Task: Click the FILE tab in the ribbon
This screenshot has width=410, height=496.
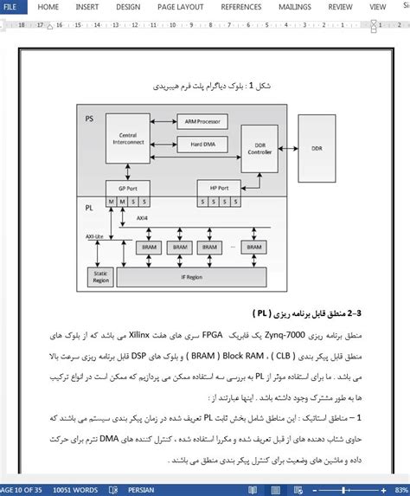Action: pyautogui.click(x=10, y=7)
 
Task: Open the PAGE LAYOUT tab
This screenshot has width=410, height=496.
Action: pyautogui.click(x=180, y=7)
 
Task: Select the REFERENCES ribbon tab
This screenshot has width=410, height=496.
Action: pyautogui.click(x=240, y=7)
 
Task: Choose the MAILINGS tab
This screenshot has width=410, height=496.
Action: pyautogui.click(x=295, y=7)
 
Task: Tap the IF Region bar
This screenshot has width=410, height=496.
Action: pyautogui.click(x=191, y=277)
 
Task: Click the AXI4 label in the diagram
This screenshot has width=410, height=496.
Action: pyautogui.click(x=142, y=219)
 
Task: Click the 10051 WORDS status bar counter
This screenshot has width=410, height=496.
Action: pyautogui.click(x=77, y=489)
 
